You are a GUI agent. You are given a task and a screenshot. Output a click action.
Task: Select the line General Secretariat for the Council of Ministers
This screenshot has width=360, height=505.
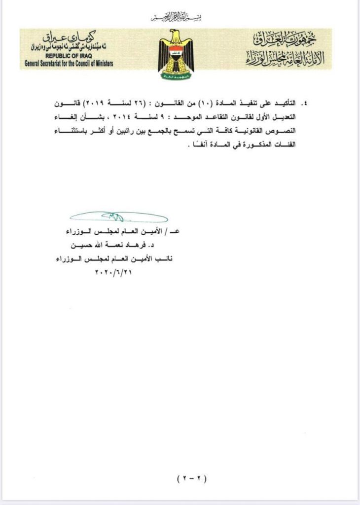tap(69, 63)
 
